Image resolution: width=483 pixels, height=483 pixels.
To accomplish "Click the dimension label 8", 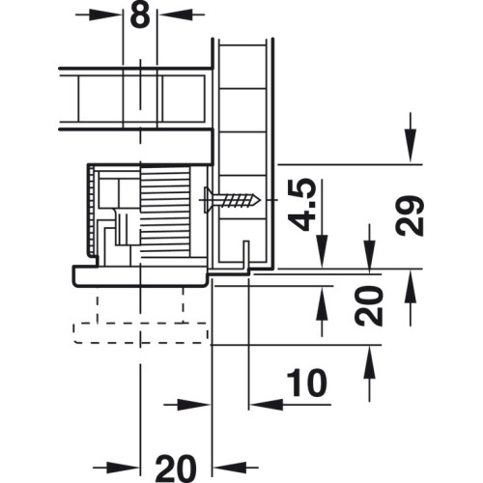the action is pos(140,15).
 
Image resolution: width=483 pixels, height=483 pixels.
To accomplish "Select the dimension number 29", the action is pos(410,215).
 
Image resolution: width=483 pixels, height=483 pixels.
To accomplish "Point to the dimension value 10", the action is pos(306,383).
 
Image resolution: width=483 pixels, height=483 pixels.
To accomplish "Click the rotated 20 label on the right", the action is pos(369,306).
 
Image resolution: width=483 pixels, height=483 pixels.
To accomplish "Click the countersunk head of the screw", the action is pos(207,200).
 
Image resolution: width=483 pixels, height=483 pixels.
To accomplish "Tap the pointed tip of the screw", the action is pos(260,200).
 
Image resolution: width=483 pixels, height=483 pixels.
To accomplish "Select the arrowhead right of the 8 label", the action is pos(174,14).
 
